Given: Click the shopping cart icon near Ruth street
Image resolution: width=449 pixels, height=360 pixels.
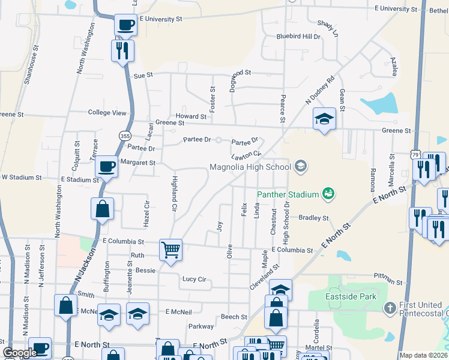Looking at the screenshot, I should (x=171, y=250).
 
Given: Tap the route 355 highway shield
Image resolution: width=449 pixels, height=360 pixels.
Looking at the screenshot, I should (x=124, y=135).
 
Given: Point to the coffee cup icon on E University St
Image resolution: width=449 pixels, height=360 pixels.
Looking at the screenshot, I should (x=126, y=25).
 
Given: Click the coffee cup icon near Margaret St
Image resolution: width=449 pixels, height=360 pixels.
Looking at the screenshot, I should (x=107, y=166).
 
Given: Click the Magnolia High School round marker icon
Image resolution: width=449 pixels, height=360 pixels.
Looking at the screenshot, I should (x=301, y=166).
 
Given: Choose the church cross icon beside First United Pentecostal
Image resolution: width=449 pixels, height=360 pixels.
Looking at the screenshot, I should (x=390, y=308).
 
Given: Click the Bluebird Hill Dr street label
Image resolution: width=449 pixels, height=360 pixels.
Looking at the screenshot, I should (x=298, y=37).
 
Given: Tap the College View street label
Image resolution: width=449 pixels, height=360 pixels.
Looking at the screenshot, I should (x=107, y=113).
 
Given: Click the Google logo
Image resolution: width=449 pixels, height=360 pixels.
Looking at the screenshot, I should (x=20, y=353).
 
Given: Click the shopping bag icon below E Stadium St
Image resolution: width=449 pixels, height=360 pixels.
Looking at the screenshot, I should (x=102, y=209).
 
